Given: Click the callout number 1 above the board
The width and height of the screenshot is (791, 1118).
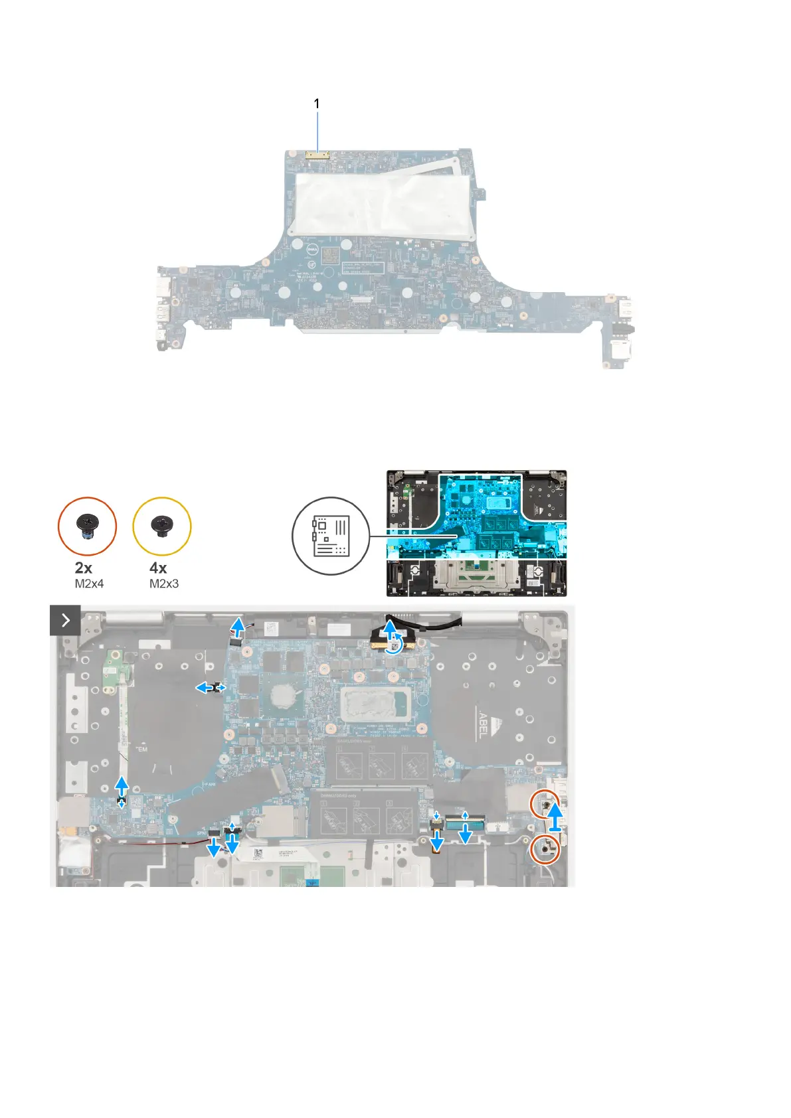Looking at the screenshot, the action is pyautogui.click(x=317, y=104).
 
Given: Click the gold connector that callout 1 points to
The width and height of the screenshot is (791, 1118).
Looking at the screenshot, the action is pyautogui.click(x=317, y=157).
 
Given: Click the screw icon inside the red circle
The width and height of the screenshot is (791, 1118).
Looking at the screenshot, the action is pyautogui.click(x=87, y=526).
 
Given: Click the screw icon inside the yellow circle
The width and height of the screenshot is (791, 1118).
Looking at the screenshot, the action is pyautogui.click(x=162, y=526).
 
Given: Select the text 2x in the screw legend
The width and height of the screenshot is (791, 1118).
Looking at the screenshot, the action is pyautogui.click(x=84, y=568).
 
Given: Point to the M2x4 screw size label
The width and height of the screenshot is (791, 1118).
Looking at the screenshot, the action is pyautogui.click(x=89, y=584).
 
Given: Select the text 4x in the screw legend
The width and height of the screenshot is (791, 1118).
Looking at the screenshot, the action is pyautogui.click(x=158, y=568).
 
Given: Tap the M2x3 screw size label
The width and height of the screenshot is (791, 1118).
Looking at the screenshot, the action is pyautogui.click(x=164, y=584).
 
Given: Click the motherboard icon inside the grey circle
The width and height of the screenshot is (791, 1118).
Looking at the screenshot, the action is pyautogui.click(x=330, y=535).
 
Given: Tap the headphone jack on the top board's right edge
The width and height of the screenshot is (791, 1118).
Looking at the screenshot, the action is pyautogui.click(x=628, y=329).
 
